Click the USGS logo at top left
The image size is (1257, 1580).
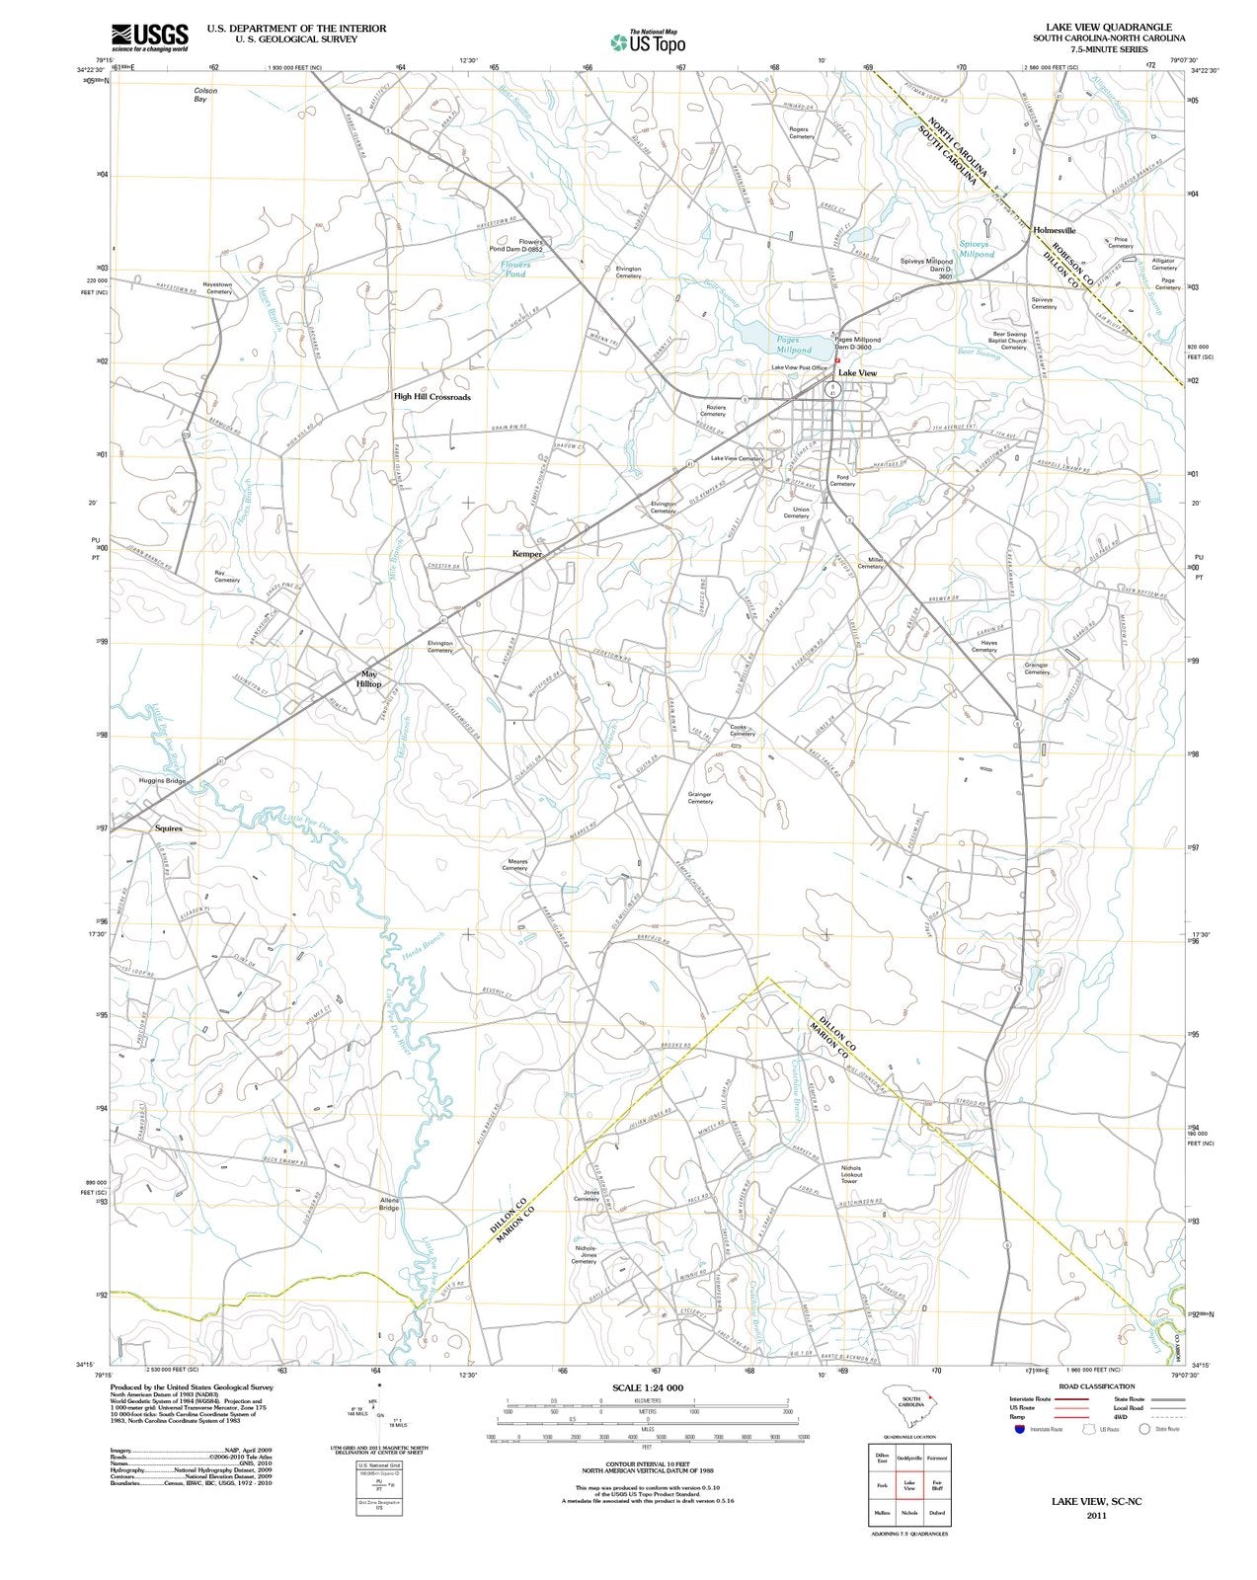click(149, 37)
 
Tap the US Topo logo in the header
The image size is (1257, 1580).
click(649, 40)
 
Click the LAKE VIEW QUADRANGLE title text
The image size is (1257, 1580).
click(1102, 28)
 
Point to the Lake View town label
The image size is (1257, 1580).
click(857, 373)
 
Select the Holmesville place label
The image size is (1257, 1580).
click(1054, 230)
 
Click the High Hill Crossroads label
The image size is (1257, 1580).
click(432, 397)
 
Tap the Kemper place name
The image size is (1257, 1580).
click(526, 554)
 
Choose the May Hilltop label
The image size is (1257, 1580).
click(368, 678)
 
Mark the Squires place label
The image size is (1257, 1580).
click(169, 829)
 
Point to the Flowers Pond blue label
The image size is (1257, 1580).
click(514, 269)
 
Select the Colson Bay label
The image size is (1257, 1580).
click(205, 95)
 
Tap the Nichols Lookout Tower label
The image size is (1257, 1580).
click(850, 1174)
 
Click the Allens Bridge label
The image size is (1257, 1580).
click(389, 1204)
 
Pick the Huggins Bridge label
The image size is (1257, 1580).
click(162, 781)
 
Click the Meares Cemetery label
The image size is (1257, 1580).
click(517, 864)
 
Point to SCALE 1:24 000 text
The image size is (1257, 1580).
click(647, 1387)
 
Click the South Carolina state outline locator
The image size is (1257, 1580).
click(909, 1401)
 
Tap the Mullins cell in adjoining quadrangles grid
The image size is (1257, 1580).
click(882, 1513)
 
